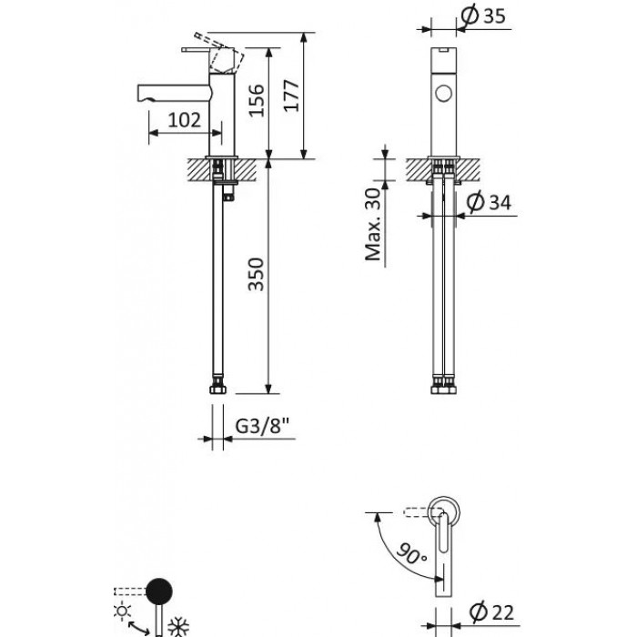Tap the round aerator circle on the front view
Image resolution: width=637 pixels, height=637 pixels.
click(443, 92)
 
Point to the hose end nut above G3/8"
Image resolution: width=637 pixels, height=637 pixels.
click(217, 389)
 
